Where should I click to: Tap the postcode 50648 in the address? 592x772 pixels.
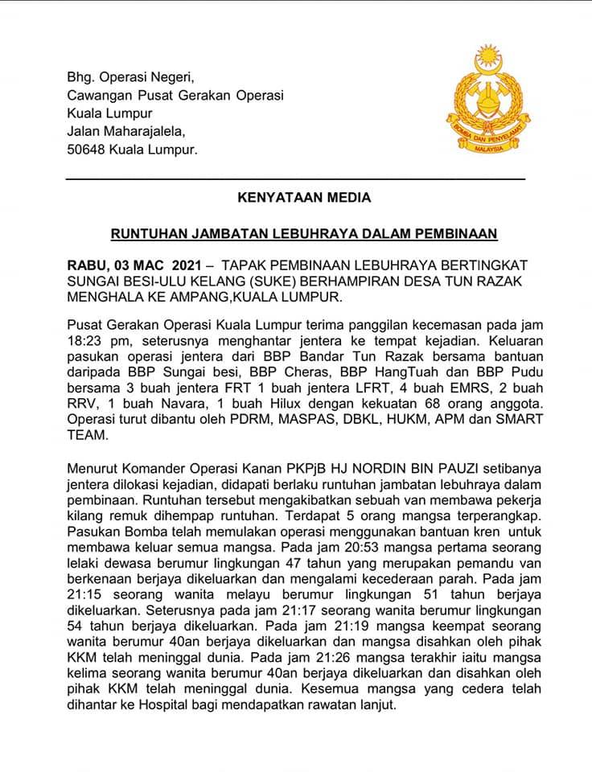tap(86, 150)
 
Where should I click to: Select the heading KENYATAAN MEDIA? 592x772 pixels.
tap(294, 196)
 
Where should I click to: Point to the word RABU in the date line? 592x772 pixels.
tap(84, 265)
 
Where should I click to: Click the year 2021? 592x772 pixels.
tap(182, 265)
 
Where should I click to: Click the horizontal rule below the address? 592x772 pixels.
tap(294, 176)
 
